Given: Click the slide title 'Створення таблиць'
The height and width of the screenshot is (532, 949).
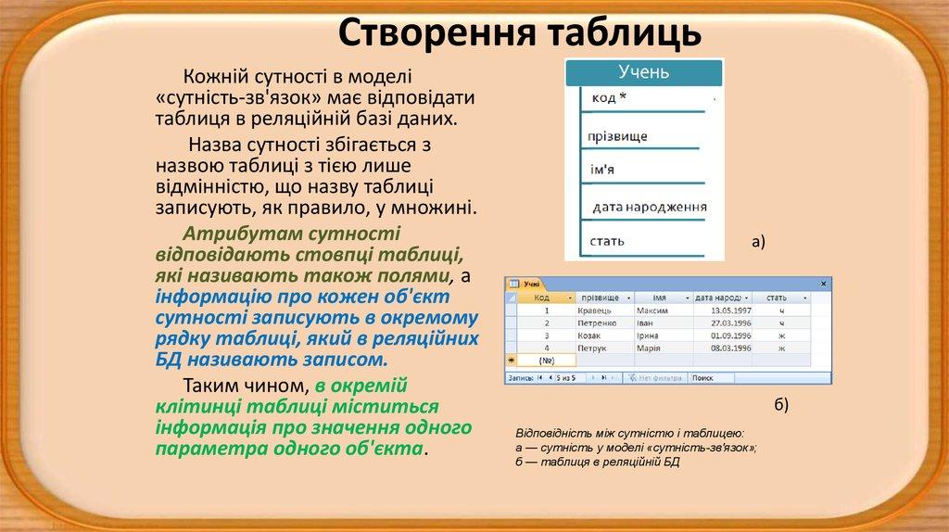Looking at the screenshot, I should pos(518,32).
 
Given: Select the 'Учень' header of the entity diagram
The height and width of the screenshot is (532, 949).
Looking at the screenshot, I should pos(643,72).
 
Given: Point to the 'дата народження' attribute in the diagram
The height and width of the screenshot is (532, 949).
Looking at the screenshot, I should pos(649,207).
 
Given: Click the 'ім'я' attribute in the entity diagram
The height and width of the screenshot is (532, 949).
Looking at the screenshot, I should pos(602,171).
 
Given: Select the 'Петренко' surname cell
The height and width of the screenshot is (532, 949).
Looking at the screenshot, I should pos(597,323).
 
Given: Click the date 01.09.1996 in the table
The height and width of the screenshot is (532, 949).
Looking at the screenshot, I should pos(730,335).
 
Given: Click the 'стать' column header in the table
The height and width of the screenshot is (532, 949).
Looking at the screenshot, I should pos(776,298).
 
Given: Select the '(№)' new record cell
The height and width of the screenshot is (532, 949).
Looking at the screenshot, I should pos(546,360).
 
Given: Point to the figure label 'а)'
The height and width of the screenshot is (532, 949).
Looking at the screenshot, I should pos(758,243).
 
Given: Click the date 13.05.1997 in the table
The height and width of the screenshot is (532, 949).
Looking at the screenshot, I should pos(730,310).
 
